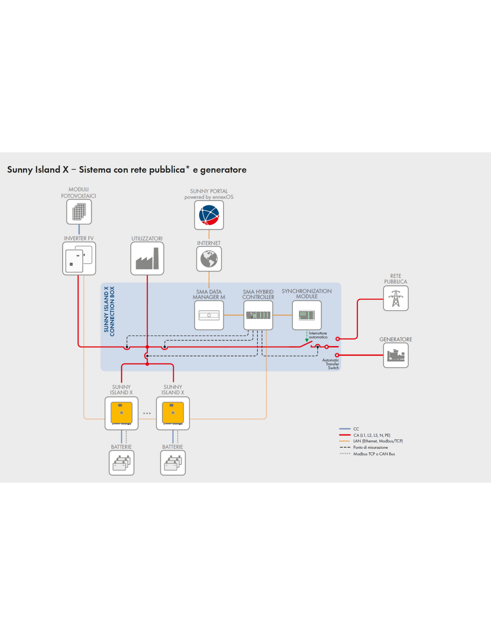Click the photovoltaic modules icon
[x=79, y=212]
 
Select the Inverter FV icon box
[x=79, y=258]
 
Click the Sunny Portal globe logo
[x=209, y=215]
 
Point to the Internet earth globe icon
[x=209, y=259]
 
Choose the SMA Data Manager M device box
[x=209, y=315]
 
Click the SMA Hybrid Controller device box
[x=258, y=315]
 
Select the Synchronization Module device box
[x=307, y=315]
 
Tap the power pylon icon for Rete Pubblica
[x=396, y=298]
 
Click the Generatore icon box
[x=396, y=355]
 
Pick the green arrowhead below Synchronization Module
[x=307, y=340]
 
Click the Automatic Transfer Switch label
[x=331, y=364]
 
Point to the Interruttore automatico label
[x=318, y=335]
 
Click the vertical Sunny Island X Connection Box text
[x=109, y=312]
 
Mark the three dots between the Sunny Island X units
[x=147, y=413]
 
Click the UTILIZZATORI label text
[x=147, y=238]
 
